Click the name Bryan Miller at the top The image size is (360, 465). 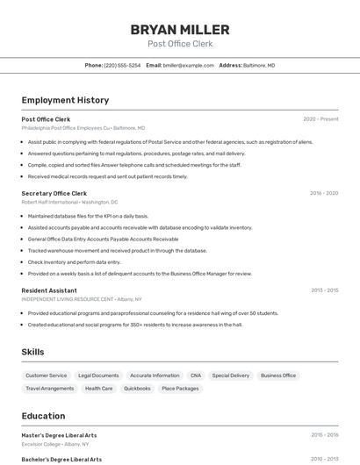(x=180, y=30)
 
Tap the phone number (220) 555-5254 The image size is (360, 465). (x=122, y=65)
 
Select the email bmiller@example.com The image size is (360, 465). (x=189, y=65)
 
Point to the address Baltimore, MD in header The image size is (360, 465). (x=259, y=65)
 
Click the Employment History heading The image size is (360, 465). (x=65, y=100)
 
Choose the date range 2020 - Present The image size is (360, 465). (x=320, y=118)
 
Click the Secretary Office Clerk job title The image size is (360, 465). (x=54, y=193)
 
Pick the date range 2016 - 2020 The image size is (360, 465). (x=324, y=193)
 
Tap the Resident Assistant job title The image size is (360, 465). (x=49, y=290)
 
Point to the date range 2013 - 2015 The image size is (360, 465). (x=324, y=290)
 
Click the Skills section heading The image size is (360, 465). (x=33, y=352)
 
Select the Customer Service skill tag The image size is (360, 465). (x=47, y=376)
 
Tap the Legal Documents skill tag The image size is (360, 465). (x=98, y=376)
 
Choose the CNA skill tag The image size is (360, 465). (x=196, y=376)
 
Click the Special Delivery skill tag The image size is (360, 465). (x=231, y=376)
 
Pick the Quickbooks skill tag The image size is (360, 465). (x=137, y=389)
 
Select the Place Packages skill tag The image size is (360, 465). (x=180, y=389)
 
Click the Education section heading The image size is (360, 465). (x=43, y=416)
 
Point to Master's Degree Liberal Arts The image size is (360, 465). (x=59, y=434)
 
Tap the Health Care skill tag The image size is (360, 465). (x=99, y=389)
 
